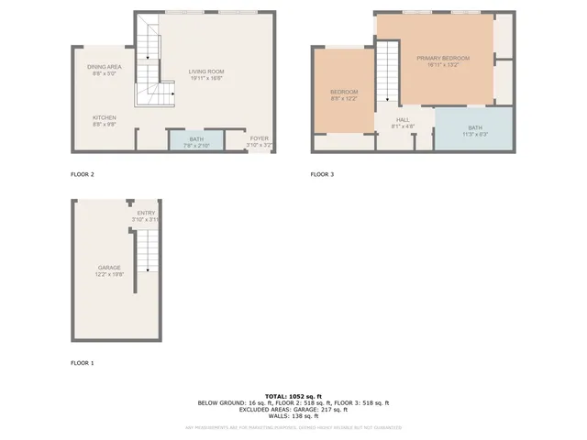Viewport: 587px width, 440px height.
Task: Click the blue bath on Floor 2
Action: [196, 141]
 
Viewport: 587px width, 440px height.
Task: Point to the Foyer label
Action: [260, 141]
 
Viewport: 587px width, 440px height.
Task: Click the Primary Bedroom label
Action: [442, 61]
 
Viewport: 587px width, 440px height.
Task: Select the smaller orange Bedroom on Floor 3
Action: [344, 95]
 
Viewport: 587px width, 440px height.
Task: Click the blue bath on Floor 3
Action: [474, 130]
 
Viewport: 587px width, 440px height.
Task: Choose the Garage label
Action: [109, 270]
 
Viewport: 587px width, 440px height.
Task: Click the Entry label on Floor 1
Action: [146, 215]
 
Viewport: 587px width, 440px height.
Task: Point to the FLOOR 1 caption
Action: [83, 363]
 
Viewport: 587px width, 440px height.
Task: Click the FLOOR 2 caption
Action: [83, 173]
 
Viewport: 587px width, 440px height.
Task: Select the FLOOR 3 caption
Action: [322, 173]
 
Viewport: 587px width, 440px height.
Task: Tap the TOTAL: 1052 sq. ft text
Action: [293, 395]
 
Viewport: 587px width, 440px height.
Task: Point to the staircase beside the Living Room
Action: [151, 69]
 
